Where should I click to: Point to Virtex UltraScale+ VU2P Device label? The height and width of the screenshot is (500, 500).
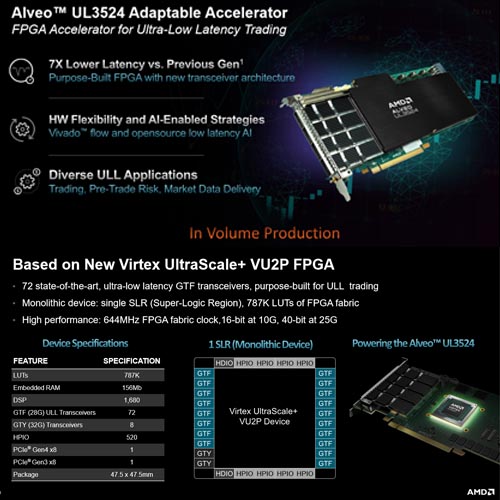point(264,418)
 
